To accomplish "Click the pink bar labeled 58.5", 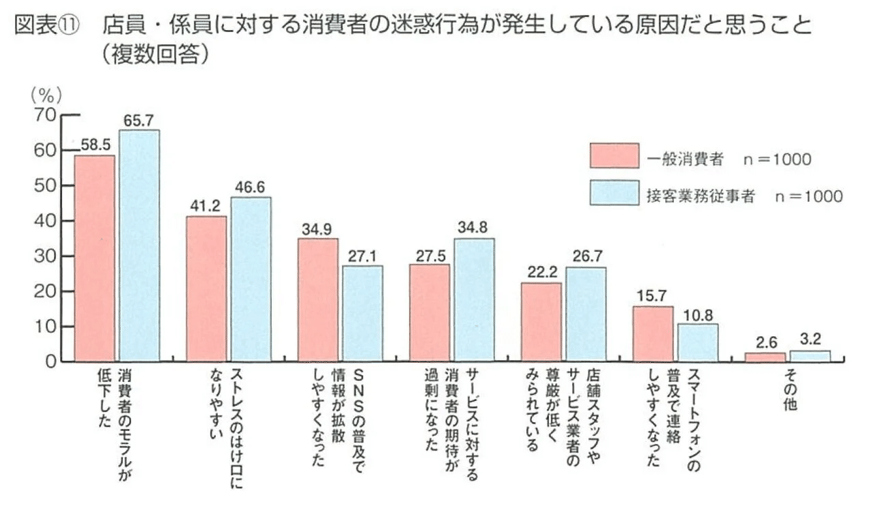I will pyautogui.click(x=95, y=258).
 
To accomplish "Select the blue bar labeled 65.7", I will pyautogui.click(x=139, y=245).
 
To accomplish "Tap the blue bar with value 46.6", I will pyautogui.click(x=251, y=279).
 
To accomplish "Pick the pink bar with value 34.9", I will pyautogui.click(x=318, y=299).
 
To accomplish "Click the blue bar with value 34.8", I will pyautogui.click(x=474, y=299).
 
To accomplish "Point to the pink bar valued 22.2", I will pyautogui.click(x=541, y=322).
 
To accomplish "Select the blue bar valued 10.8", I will pyautogui.click(x=697, y=342).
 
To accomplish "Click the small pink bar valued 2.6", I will pyautogui.click(x=764, y=357).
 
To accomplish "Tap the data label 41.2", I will pyautogui.click(x=206, y=205).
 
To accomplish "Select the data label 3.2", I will pyautogui.click(x=810, y=340).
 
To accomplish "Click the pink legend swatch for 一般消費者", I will pyautogui.click(x=614, y=156).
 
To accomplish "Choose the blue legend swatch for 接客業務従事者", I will pyautogui.click(x=614, y=193).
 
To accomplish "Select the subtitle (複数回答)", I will pyautogui.click(x=153, y=55).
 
